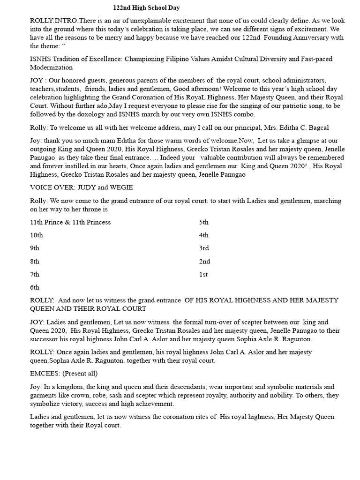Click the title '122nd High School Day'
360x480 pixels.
(x=146, y=8)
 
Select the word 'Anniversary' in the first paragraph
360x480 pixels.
(x=305, y=38)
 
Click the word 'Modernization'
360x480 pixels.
(x=52, y=67)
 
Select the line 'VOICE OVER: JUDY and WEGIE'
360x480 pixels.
(x=82, y=187)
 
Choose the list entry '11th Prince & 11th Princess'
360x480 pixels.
(x=70, y=222)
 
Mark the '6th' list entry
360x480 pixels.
(x=35, y=287)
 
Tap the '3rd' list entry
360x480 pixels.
(x=204, y=248)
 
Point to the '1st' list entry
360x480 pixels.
(x=203, y=274)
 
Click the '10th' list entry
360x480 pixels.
(x=37, y=235)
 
